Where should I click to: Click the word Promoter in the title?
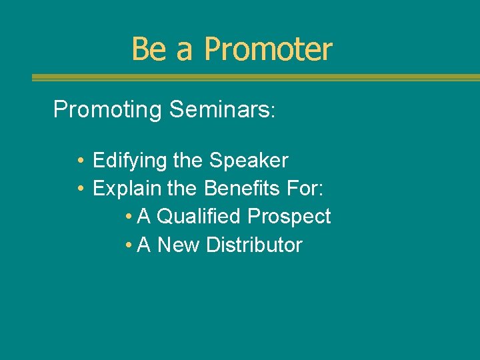point(268,49)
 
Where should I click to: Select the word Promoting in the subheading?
point(107,109)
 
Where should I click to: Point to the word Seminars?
point(220,109)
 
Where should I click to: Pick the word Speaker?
point(249,161)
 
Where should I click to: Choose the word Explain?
point(127,189)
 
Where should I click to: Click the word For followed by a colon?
point(305,189)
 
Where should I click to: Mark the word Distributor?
point(254,245)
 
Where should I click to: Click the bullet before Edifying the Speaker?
point(79,161)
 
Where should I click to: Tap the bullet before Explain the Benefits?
point(79,189)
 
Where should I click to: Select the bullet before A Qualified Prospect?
point(128,217)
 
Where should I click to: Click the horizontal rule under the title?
point(255,78)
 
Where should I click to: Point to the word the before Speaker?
point(190,161)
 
